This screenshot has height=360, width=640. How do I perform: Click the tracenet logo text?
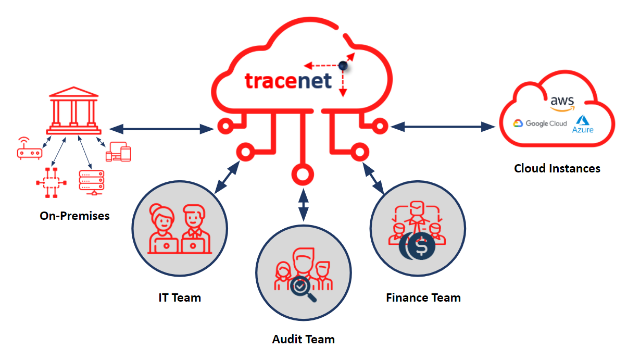coord(288,81)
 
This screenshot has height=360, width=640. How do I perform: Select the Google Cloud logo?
coord(540,123)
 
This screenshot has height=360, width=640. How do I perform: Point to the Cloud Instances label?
coord(557,168)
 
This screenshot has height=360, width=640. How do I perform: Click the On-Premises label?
coord(74,215)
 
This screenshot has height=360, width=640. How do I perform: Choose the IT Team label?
coord(180,297)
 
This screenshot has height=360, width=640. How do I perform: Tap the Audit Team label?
coord(303,339)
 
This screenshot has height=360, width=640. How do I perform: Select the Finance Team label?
coord(423,297)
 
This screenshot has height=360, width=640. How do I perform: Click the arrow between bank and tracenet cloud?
coord(162,128)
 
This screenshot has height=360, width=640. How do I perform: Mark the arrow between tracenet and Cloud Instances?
coord(442,126)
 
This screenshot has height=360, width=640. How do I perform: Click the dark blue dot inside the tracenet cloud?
coord(343,66)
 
